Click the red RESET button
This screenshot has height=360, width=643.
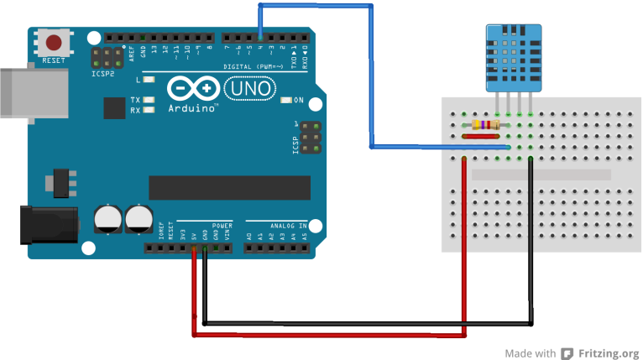(x=55, y=43)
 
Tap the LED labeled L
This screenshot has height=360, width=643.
(x=149, y=81)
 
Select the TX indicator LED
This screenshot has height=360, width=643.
(x=149, y=101)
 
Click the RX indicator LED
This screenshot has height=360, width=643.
(x=149, y=110)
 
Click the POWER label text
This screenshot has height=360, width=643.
(x=222, y=226)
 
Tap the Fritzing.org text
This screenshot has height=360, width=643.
(x=607, y=353)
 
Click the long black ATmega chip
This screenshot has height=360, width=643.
(x=229, y=188)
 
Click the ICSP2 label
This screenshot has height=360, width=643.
(x=103, y=74)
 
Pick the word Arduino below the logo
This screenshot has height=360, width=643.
(x=192, y=109)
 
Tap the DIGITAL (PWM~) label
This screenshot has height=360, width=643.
(x=255, y=66)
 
